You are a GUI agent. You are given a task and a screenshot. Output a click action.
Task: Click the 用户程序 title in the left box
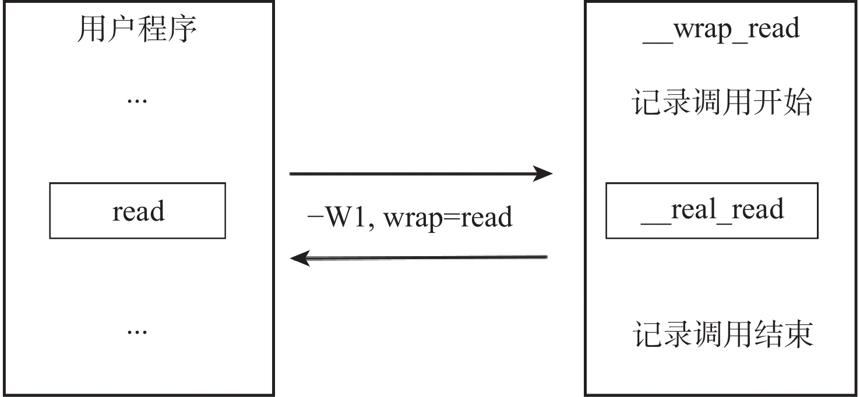pos(137,30)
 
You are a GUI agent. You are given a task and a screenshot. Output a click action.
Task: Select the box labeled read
pos(138,211)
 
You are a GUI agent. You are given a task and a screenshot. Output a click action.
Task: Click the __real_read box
pos(711,211)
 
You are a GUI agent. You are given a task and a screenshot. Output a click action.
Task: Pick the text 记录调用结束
pos(723,335)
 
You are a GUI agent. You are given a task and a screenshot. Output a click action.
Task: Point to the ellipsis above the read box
pos(137,101)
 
